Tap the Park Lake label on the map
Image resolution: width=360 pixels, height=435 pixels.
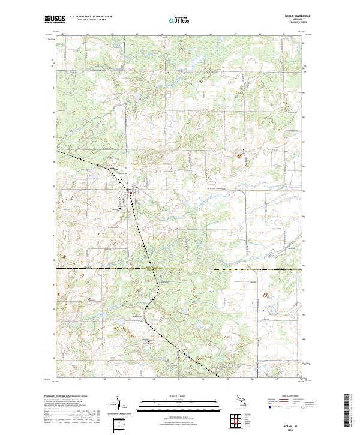click(x=136, y=317)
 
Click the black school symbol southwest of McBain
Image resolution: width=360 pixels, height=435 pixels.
click(x=120, y=209)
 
